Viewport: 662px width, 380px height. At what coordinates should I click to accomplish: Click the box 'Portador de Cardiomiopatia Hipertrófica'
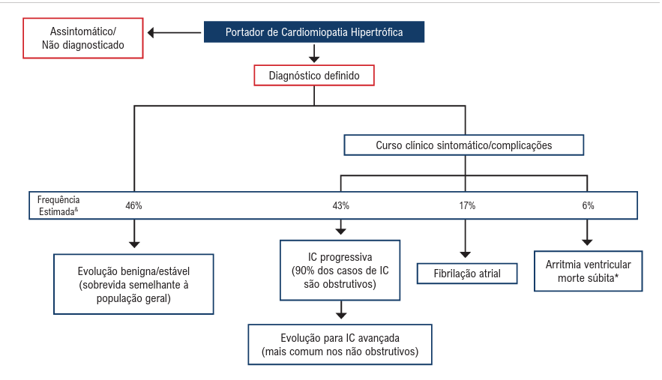314,32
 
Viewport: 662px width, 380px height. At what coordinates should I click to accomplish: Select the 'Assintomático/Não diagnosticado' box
82,38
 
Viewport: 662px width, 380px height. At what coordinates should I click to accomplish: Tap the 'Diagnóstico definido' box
314,76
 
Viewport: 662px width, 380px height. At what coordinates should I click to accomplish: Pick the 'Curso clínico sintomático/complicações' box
463,145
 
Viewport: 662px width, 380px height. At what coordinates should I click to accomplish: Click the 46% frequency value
134,205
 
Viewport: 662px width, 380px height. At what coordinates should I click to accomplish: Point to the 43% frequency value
341,205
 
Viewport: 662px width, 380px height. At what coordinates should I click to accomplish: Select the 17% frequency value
466,205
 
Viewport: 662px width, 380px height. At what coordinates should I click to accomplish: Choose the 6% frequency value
588,205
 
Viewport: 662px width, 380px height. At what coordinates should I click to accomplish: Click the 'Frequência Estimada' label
58,205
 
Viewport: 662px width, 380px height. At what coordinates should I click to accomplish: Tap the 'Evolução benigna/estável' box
134,283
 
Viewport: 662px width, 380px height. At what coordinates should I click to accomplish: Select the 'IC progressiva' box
340,270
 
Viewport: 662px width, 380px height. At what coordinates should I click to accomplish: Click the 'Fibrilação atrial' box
468,274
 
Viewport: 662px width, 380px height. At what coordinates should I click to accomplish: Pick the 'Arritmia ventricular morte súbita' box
588,271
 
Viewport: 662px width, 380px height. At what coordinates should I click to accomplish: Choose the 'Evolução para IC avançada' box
340,344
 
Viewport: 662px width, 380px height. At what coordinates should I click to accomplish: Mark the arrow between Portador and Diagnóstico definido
314,53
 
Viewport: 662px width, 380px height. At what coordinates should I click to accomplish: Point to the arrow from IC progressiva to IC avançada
341,310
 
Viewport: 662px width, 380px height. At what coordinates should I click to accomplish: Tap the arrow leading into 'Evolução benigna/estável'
134,234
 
